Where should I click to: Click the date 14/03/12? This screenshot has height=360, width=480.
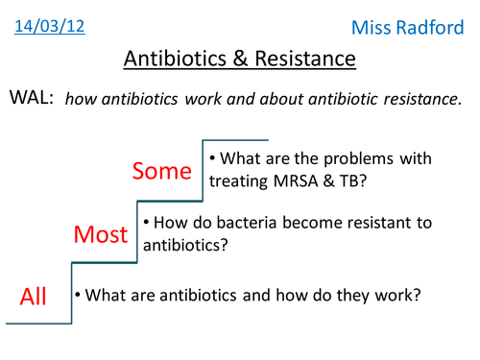(49, 23)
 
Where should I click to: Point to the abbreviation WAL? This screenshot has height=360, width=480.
(31, 99)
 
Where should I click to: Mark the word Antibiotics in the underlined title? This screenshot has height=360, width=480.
(171, 60)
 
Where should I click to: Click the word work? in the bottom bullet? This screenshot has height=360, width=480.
(397, 295)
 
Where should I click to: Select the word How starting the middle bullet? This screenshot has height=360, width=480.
(169, 223)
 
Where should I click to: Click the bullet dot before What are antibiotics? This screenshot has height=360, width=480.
(79, 295)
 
